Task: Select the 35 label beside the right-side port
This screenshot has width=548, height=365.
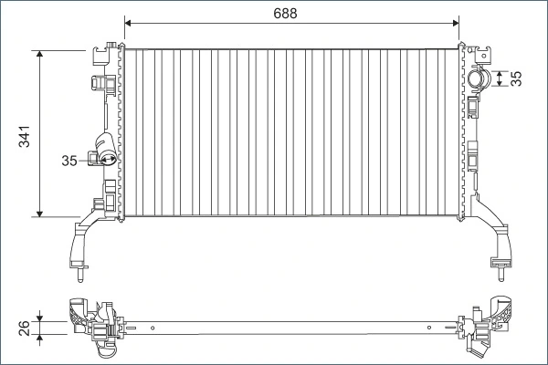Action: point(517,78)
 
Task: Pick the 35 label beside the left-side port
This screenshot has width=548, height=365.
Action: point(69,161)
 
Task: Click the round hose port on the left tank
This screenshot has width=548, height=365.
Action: point(106,161)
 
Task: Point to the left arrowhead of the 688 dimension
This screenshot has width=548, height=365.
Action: point(128,24)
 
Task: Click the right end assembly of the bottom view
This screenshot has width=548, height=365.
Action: point(489,324)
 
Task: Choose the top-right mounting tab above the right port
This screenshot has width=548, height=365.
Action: point(481,53)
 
